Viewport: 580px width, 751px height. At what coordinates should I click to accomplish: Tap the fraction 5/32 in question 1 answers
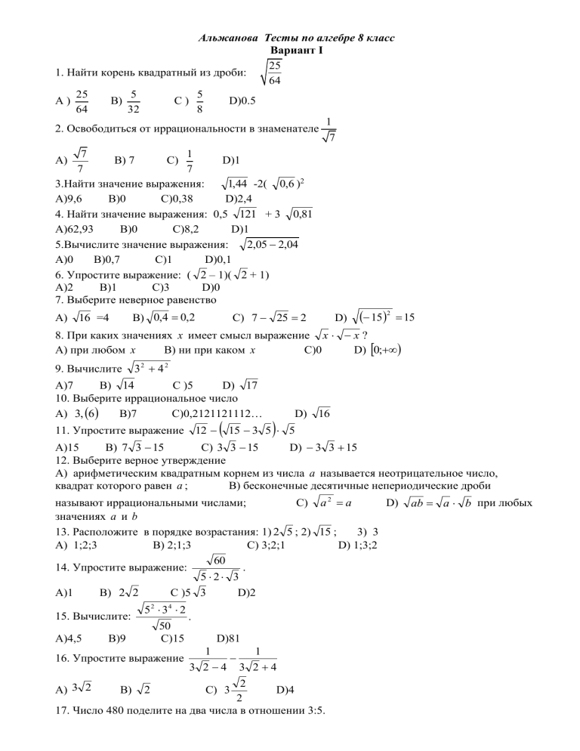coord(133,100)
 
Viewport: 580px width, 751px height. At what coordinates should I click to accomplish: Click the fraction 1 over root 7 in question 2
coord(329,129)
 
